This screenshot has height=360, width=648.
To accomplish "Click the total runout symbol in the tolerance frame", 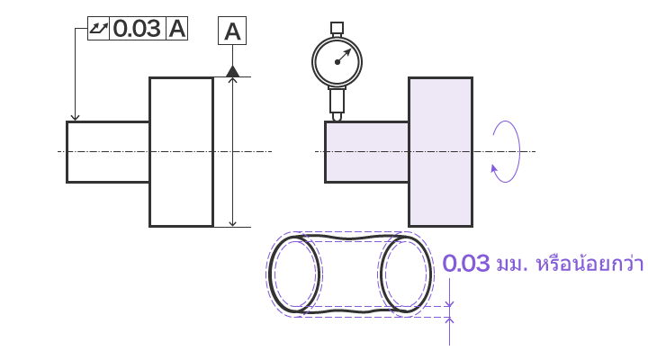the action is [x=98, y=28].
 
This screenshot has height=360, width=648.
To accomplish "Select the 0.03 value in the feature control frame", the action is [x=137, y=29].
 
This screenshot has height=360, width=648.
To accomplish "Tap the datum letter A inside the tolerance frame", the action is [x=177, y=29].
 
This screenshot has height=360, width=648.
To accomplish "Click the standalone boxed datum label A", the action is [x=232, y=31].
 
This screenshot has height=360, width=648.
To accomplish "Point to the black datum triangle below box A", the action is [x=233, y=71].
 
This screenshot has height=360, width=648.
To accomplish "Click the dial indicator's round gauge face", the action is [x=337, y=62].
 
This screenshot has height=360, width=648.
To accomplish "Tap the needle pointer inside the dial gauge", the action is [x=344, y=56].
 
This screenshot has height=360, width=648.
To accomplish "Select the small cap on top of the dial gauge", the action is [x=337, y=28].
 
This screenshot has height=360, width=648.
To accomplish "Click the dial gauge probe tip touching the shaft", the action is [x=337, y=117].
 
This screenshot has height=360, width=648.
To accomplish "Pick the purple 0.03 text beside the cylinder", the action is [x=466, y=264].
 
